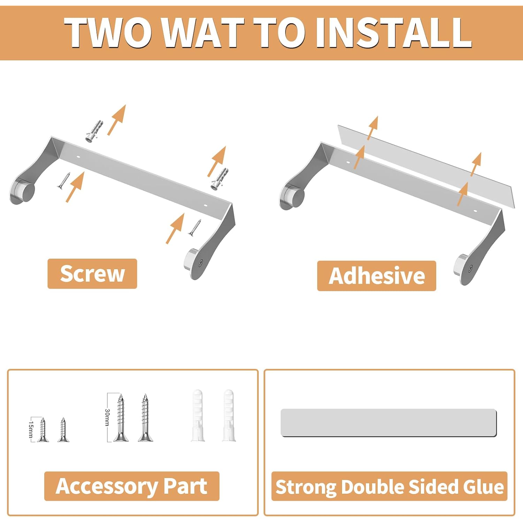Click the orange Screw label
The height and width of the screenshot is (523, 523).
(x=92, y=274)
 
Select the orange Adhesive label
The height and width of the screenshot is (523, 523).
(x=377, y=276)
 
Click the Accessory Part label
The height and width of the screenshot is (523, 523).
(x=131, y=486)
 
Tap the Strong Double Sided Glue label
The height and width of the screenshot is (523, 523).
(x=389, y=486)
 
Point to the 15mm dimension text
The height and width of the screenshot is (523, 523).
(x=31, y=429)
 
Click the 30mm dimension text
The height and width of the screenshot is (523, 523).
(x=107, y=417)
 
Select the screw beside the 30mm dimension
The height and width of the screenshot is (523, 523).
(x=120, y=417)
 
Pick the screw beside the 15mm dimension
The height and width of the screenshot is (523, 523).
(x=43, y=430)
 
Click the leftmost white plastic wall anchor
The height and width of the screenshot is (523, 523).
(x=197, y=415)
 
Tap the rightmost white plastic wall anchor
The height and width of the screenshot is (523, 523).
(x=229, y=415)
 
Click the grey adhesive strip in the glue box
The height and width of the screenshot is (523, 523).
(x=388, y=423)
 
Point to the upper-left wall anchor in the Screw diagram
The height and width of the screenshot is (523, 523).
(x=94, y=130)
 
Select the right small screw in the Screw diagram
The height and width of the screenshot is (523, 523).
(x=195, y=227)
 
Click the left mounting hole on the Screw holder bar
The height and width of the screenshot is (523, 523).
(x=78, y=157)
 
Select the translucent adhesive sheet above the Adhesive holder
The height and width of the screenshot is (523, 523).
(x=426, y=166)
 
